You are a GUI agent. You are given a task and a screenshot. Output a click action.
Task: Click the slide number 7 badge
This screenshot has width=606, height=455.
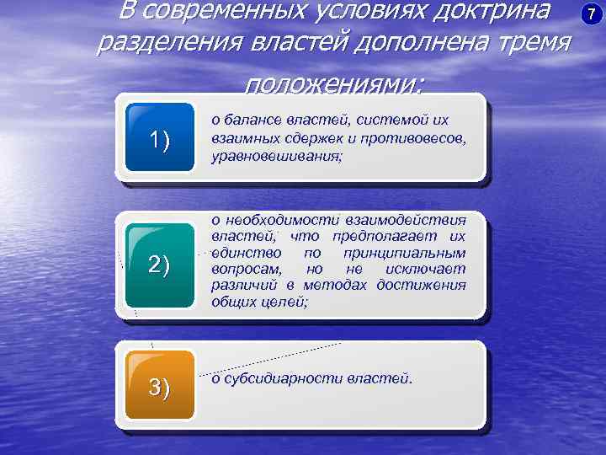tap(589, 14)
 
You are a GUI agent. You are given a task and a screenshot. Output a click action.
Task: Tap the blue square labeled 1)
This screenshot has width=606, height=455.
tap(160, 139)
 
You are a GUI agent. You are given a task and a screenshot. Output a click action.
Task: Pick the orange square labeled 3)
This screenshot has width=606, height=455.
tap(160, 386)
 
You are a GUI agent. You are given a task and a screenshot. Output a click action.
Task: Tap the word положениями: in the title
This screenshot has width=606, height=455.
tap(335, 83)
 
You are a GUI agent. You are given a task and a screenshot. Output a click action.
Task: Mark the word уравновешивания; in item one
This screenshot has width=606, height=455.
tap(277, 153)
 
